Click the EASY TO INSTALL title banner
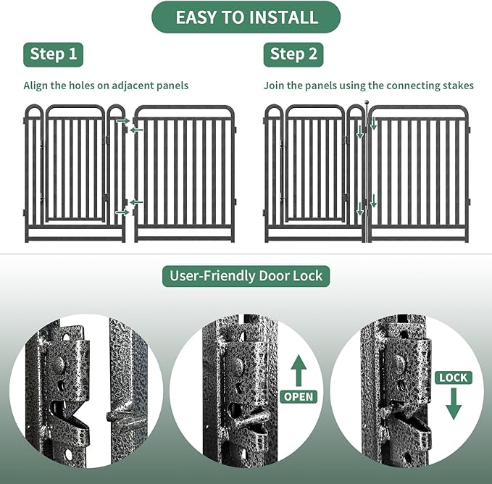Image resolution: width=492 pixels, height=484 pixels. coord(246,17)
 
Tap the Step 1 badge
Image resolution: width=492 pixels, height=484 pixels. coord(53,54)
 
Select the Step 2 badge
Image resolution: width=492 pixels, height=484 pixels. coord(293,54)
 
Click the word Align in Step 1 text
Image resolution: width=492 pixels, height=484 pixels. coord(36,85)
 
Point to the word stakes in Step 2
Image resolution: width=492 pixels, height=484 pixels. coord(459,85)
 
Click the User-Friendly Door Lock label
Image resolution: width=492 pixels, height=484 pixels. coord(246,275)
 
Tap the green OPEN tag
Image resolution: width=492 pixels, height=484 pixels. coord(299,396)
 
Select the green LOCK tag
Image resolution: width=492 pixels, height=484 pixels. coord(454,377)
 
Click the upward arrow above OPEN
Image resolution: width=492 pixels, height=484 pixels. coord(299,370)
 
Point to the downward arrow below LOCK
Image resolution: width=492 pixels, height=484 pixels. coord(454,403)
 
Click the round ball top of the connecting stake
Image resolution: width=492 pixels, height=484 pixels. coord(367,104)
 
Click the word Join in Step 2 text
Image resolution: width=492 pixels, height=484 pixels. coord(273,85)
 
